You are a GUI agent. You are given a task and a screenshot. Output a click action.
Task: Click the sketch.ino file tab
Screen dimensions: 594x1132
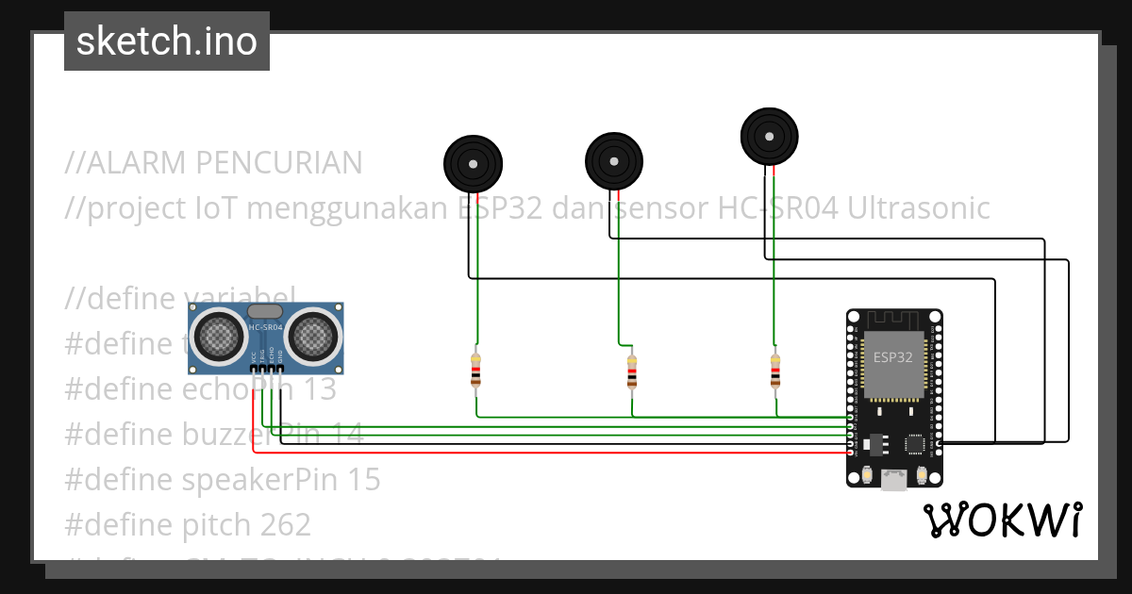(166, 41)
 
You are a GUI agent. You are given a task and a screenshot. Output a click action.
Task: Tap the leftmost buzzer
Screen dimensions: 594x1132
(472, 163)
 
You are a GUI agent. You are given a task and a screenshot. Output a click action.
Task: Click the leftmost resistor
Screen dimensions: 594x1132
(475, 370)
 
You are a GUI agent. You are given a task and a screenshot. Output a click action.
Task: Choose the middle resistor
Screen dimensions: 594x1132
(632, 371)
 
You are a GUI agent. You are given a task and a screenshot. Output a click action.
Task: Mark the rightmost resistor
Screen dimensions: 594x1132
(774, 370)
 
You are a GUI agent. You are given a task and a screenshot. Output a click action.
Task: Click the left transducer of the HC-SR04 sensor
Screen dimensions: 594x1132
(218, 334)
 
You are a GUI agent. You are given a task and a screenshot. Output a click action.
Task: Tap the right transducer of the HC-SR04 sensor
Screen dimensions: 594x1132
(313, 334)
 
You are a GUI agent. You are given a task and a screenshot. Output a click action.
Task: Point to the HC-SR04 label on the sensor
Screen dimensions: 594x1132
(265, 327)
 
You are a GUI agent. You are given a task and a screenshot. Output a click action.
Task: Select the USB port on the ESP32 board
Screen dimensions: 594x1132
(893, 480)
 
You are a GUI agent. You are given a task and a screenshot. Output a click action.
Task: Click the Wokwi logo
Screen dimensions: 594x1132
(1002, 520)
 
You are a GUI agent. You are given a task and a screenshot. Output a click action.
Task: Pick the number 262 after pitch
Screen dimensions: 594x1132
(282, 524)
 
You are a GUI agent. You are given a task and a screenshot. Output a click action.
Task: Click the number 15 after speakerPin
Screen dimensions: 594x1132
(362, 480)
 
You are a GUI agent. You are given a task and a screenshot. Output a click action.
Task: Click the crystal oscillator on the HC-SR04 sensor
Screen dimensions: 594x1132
(264, 310)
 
